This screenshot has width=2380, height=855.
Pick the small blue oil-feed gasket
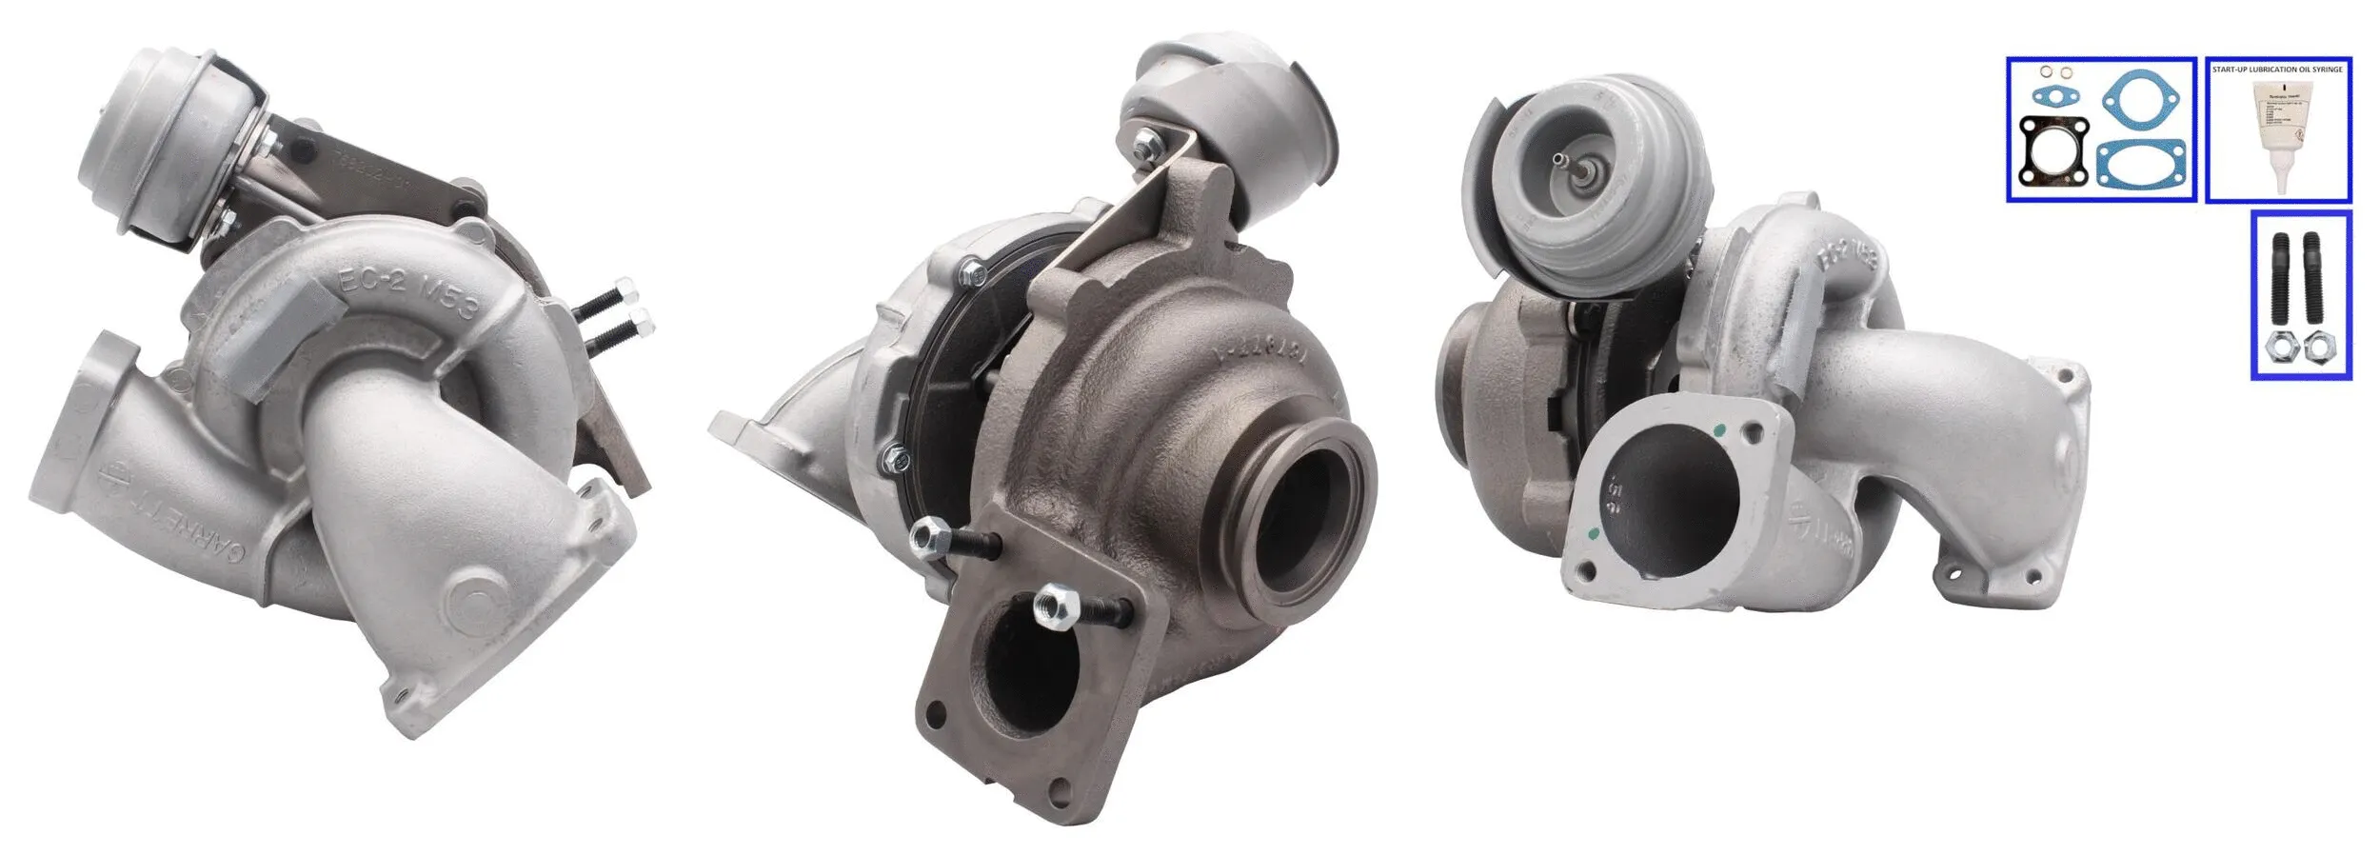[x=2053, y=95]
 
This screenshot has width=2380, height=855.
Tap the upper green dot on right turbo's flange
[x=1718, y=430]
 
